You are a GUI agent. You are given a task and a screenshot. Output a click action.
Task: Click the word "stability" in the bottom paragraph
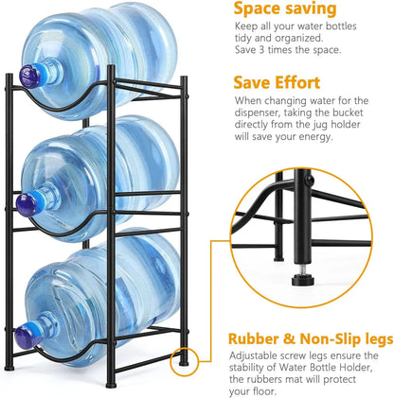click(x=256, y=370)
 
